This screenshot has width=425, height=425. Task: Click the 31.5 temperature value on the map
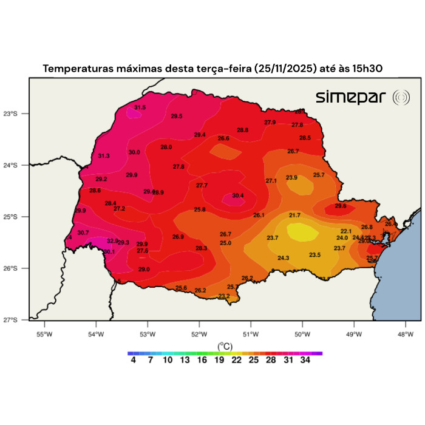[140, 107]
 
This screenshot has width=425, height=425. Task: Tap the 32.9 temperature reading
[112, 241]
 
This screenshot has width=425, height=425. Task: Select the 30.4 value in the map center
[238, 195]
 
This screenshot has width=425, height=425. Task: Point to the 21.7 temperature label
[295, 216]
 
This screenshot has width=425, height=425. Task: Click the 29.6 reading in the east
[341, 206]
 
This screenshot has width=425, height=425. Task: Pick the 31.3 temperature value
[104, 156]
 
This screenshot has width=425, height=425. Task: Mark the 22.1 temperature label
[346, 231]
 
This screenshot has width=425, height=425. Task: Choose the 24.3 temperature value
[284, 258]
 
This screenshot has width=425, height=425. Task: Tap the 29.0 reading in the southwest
[144, 269]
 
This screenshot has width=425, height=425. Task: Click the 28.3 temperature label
[202, 248]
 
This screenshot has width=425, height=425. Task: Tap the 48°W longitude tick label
[406, 333]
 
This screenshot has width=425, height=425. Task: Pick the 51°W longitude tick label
[251, 333]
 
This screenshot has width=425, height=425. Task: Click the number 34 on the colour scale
[305, 360]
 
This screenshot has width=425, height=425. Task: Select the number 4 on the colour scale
[133, 360]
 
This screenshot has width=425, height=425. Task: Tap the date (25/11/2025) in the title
[284, 69]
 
